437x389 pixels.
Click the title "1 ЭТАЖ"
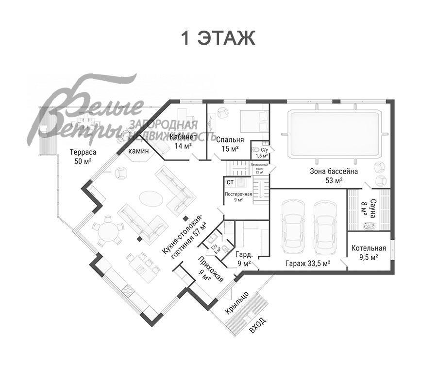pyautogui.click(x=218, y=38)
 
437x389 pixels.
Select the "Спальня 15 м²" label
pyautogui.click(x=230, y=144)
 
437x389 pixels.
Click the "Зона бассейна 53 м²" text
pyautogui.click(x=334, y=176)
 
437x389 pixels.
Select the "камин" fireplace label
pyautogui.click(x=138, y=151)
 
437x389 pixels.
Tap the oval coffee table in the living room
pyautogui.click(x=151, y=198)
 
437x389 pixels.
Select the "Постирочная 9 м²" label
pyautogui.click(x=238, y=196)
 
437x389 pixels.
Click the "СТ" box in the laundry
pyautogui.click(x=230, y=182)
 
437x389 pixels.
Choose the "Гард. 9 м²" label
pyautogui.click(x=243, y=260)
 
